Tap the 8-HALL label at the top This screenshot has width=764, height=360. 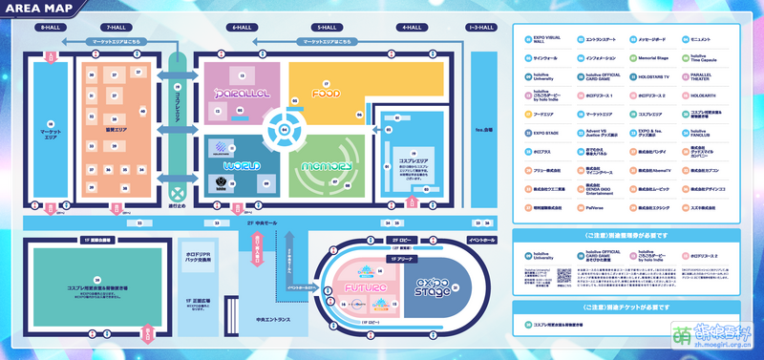[49, 29]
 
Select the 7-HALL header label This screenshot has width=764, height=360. [117, 29]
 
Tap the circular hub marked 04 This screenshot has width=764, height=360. [283, 127]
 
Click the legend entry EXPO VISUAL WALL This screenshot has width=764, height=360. [546, 40]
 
